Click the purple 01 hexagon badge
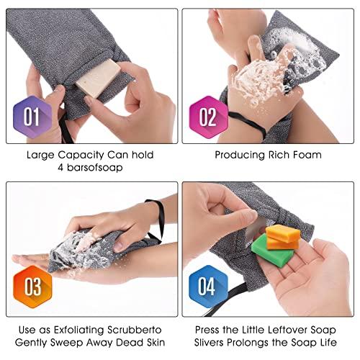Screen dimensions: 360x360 pyautogui.click(x=32, y=115)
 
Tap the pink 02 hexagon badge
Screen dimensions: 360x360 pyautogui.click(x=207, y=115)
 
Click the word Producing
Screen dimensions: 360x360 pyautogui.click(x=240, y=154)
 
